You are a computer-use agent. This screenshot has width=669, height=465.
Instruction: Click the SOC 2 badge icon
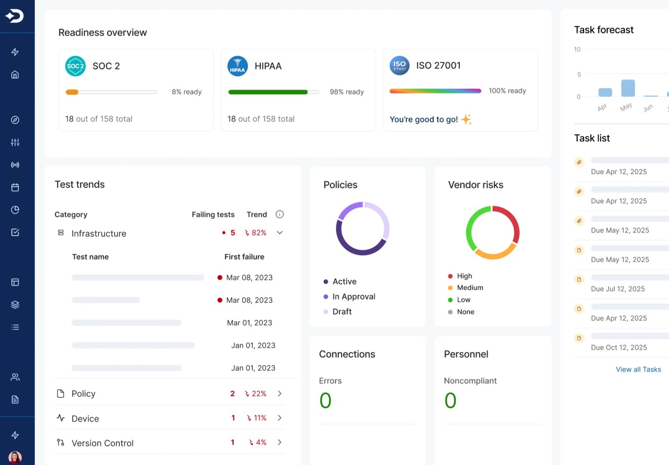[76, 66]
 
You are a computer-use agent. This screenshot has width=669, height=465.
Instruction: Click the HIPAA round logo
[238, 66]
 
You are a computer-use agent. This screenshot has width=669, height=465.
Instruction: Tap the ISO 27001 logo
[399, 65]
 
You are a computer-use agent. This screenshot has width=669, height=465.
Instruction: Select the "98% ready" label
[347, 92]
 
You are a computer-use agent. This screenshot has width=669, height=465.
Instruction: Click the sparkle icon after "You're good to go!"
[466, 119]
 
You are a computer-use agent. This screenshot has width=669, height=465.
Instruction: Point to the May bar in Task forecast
[628, 88]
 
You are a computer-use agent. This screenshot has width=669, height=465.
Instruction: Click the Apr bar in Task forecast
[605, 92]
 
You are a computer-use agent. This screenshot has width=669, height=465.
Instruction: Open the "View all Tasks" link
[638, 370]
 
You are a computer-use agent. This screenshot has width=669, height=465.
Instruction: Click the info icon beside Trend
[280, 214]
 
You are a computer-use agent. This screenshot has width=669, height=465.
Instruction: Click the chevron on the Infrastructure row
[280, 233]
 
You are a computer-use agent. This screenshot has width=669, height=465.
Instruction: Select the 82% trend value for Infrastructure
[256, 233]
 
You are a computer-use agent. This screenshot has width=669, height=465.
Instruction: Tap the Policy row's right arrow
[280, 394]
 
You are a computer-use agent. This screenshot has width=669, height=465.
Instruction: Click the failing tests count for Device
[233, 418]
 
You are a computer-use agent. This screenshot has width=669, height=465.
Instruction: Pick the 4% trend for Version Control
[258, 442]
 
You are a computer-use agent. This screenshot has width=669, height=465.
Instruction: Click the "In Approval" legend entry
[353, 296]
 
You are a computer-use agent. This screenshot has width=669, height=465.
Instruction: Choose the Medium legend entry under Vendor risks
[470, 288]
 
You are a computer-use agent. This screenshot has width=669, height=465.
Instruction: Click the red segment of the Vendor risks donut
[511, 219]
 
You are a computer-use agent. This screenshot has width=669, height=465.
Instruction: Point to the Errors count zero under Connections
[325, 401]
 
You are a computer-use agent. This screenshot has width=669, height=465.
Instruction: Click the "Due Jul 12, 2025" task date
[617, 289]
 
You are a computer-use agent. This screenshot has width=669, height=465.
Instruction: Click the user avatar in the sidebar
[15, 457]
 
